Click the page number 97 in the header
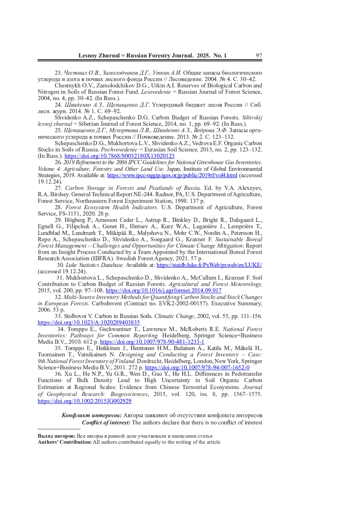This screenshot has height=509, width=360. (x=259, y=55)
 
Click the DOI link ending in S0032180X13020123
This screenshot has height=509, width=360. (x=119, y=156)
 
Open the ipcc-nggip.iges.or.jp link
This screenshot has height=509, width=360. (x=172, y=175)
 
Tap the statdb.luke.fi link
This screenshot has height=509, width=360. (x=209, y=265)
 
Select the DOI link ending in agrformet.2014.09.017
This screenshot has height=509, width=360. (x=163, y=290)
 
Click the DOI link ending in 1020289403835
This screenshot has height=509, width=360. (x=89, y=322)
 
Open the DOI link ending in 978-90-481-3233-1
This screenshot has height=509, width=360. (x=152, y=342)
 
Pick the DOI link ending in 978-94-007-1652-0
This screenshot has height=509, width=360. (x=197, y=367)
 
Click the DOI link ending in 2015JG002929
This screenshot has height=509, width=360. (x=85, y=401)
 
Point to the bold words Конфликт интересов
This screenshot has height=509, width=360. (x=91, y=415)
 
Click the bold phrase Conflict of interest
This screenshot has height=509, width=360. (x=106, y=423)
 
